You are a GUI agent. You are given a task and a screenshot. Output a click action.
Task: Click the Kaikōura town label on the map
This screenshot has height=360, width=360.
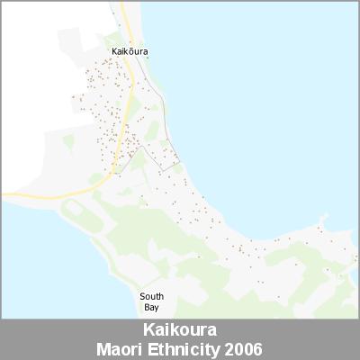point(130,51)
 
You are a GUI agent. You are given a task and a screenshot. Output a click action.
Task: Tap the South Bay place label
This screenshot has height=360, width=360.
point(151,301)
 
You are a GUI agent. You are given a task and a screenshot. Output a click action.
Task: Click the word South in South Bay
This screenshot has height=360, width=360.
point(151,295)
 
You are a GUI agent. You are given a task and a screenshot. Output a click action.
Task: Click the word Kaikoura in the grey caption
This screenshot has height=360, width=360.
point(180,330)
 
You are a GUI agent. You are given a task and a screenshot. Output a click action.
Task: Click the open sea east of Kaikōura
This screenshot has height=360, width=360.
point(270,90)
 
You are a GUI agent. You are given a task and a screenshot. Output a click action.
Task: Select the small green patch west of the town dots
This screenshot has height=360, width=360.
point(68,141)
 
